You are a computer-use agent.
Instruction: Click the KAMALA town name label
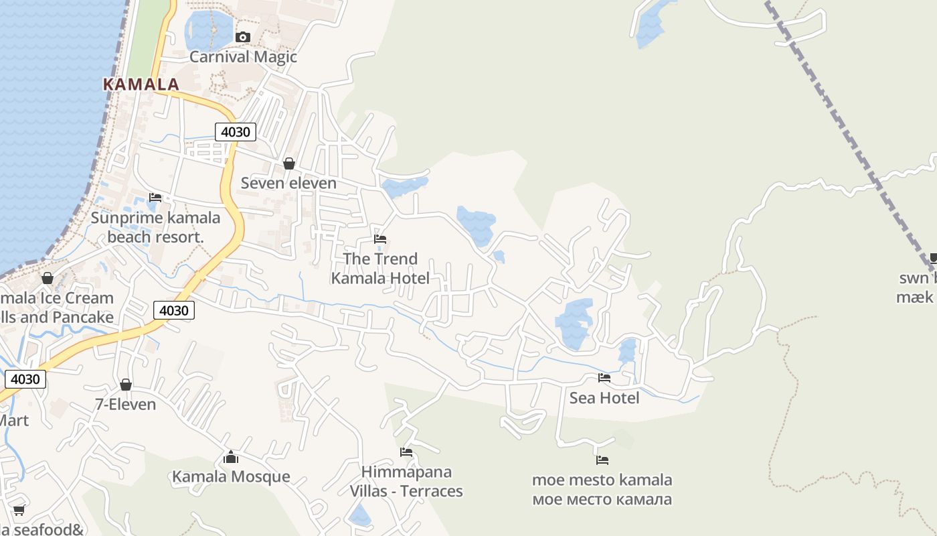coord(141,84)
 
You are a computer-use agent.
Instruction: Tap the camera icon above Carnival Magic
coord(243,37)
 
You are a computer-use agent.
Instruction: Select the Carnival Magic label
coord(243,57)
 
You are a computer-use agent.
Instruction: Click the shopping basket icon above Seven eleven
coord(289,163)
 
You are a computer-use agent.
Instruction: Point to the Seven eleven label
coord(288,183)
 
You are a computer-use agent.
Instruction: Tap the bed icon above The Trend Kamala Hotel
coord(380,239)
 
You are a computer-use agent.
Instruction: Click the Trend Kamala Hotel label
coord(380,268)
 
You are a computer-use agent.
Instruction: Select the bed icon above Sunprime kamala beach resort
coord(155,198)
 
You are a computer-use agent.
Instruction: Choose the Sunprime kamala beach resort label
coord(155,227)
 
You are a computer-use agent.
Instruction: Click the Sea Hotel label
coord(604,398)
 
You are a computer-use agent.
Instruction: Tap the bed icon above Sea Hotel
coord(604,378)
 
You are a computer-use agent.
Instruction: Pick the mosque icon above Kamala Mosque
coord(231,457)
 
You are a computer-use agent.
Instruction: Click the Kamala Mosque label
coord(231,477)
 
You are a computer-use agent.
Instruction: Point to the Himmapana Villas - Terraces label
coord(406,482)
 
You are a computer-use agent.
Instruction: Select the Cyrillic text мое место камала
coord(602,500)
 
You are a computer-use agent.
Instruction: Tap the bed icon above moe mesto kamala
coord(602,460)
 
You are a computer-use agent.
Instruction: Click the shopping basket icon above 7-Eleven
coord(126,385)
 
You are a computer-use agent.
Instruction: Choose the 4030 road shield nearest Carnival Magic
coord(236,132)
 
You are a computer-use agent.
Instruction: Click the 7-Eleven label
coord(125,405)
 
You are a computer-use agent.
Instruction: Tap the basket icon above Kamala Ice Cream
coord(48,278)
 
